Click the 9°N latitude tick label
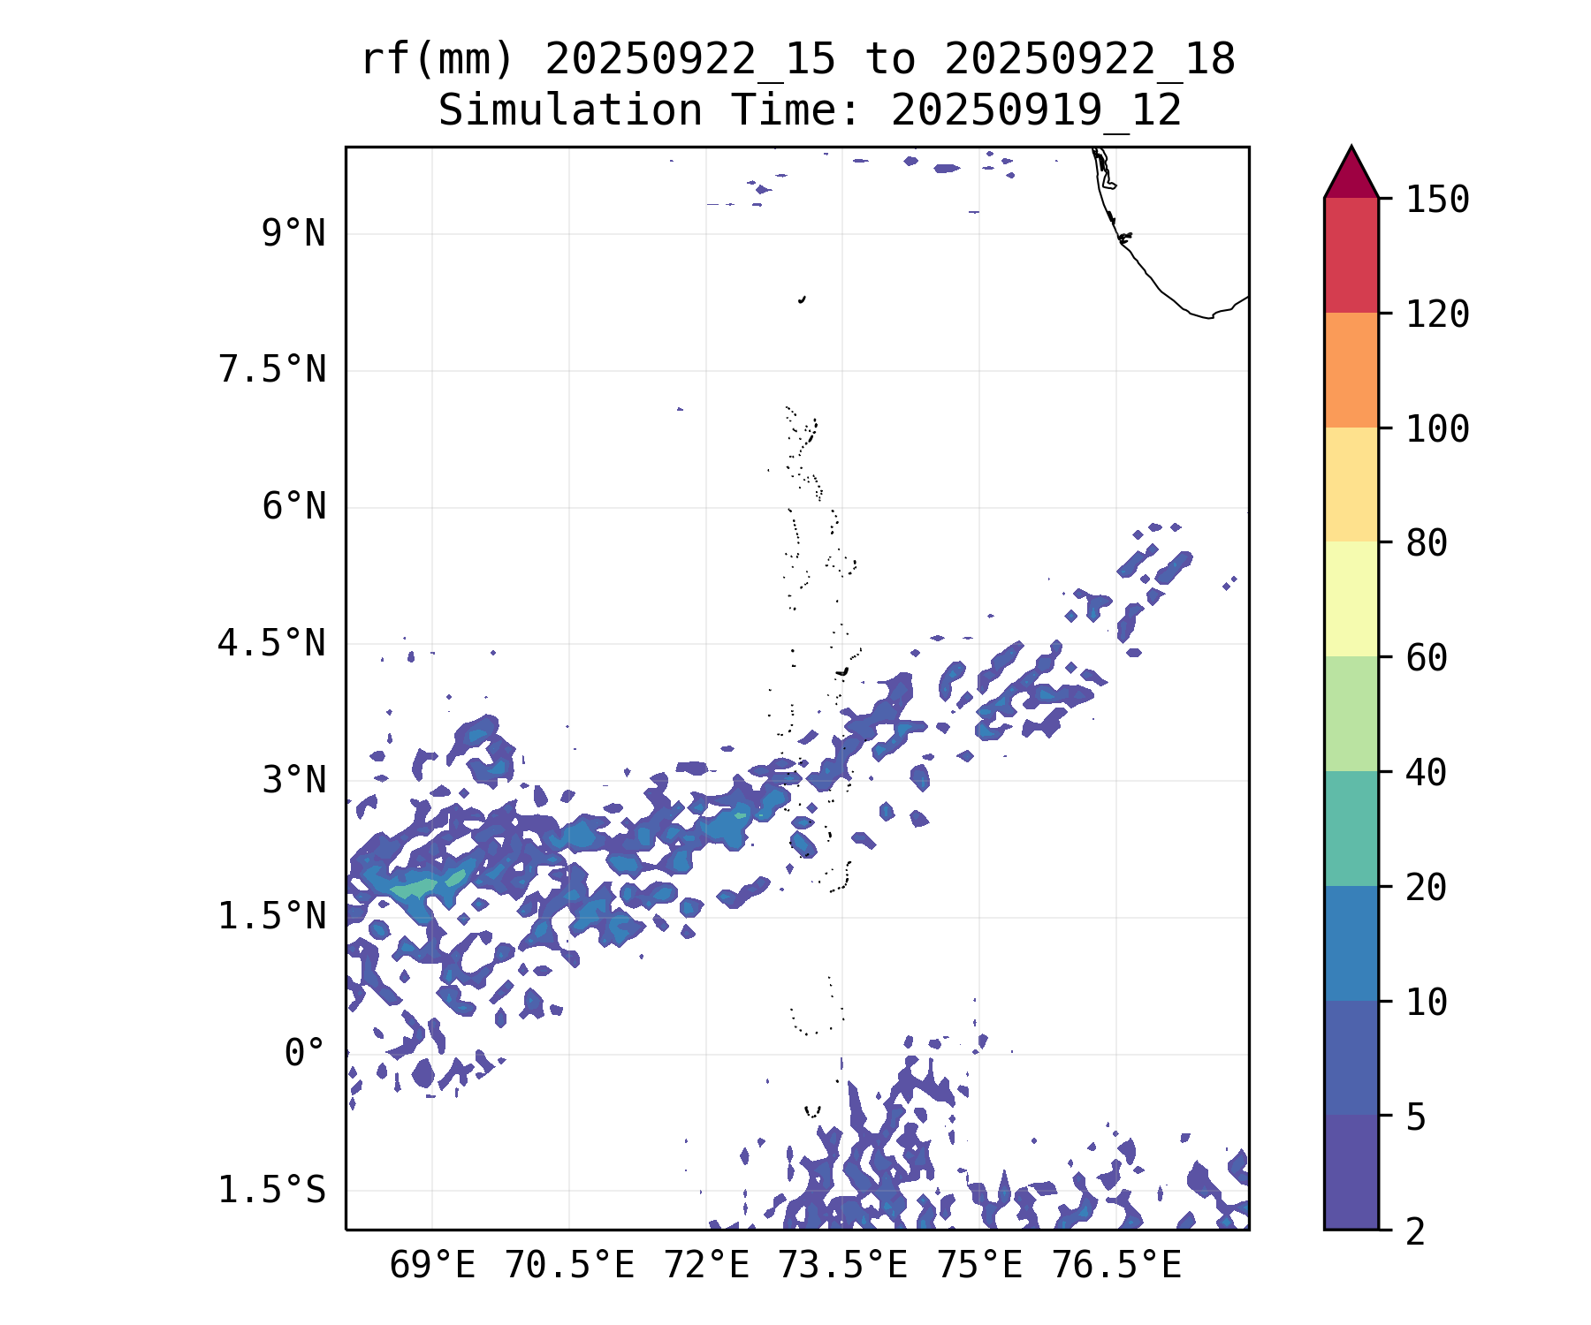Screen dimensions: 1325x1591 coord(293,235)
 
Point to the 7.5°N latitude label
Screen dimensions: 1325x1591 coord(272,370)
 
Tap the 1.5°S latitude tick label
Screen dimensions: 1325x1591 coord(272,1191)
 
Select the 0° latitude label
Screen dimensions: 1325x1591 coord(305,1054)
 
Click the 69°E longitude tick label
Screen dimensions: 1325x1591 coord(432,1267)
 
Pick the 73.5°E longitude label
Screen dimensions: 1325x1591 coord(842,1267)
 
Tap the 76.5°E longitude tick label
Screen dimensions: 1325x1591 coord(1115,1267)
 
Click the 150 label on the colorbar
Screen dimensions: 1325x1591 coord(1437,200)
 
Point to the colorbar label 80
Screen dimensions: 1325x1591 coord(1427,543)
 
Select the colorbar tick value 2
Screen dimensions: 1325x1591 coord(1416,1231)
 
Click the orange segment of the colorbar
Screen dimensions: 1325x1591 coord(1351,370)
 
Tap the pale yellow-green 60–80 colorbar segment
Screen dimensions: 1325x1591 coord(1351,599)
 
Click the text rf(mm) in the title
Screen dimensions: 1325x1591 coord(438,60)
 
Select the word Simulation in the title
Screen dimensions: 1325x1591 coord(570,111)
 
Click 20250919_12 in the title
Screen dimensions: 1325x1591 coord(1036,111)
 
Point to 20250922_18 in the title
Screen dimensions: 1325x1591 coord(1089,60)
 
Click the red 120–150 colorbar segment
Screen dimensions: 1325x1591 coord(1351,255)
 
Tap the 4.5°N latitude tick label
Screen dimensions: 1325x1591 coord(272,644)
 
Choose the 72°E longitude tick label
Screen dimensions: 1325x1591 coord(706,1267)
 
